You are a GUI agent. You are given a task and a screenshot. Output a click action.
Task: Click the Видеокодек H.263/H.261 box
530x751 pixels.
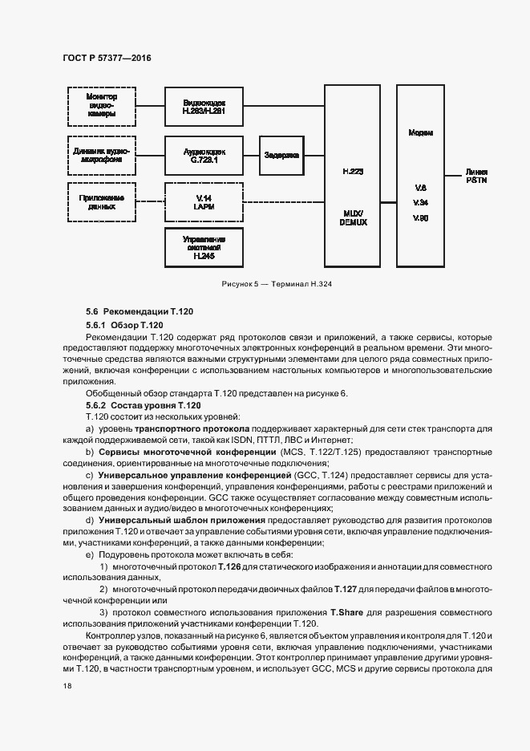pos(204,108)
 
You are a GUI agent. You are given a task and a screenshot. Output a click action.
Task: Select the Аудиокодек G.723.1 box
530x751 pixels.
pos(204,154)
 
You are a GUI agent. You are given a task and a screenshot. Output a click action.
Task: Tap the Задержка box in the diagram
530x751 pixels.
pos(281,154)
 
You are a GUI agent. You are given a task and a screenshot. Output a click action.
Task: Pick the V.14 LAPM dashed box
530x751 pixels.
pos(204,201)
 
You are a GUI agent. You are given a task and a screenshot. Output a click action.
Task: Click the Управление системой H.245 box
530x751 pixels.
pos(204,247)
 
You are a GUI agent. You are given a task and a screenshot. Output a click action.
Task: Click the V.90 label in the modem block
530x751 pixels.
pos(420,217)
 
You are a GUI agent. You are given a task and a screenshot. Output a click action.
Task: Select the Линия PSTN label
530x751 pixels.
pos(476,177)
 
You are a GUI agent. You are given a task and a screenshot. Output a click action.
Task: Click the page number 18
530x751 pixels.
pos(67,687)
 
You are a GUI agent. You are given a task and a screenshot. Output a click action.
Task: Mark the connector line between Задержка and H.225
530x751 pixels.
pos(314,154)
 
